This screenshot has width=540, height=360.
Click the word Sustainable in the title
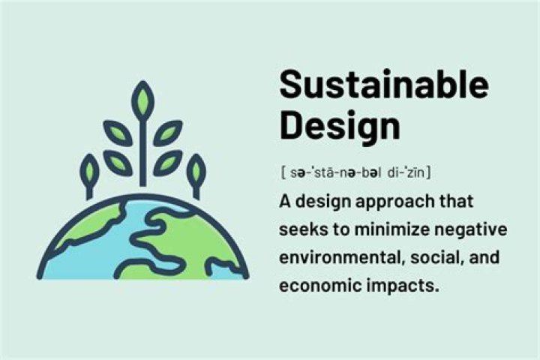[x=383, y=84]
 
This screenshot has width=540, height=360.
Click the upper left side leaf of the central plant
[x=118, y=133]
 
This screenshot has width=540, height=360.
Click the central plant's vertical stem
[x=142, y=150]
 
